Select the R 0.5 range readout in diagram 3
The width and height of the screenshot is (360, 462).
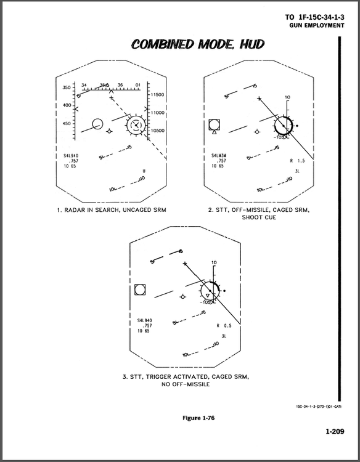(x=224, y=325)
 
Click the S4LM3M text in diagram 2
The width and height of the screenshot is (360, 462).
(x=219, y=156)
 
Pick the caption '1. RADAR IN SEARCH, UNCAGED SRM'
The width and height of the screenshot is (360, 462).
(x=112, y=211)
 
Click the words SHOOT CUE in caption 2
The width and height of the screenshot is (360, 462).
(x=258, y=217)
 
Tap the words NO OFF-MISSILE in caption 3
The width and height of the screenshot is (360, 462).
(x=186, y=384)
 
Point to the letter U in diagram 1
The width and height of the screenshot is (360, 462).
(x=144, y=171)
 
